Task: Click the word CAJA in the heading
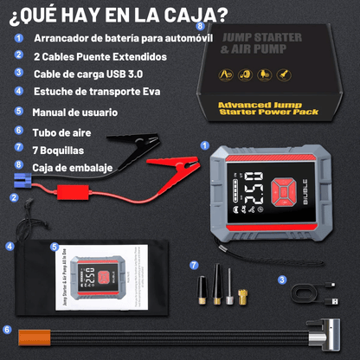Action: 196,15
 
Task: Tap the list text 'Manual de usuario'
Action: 75,112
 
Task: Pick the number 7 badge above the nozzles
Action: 193,264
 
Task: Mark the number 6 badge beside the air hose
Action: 7,329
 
